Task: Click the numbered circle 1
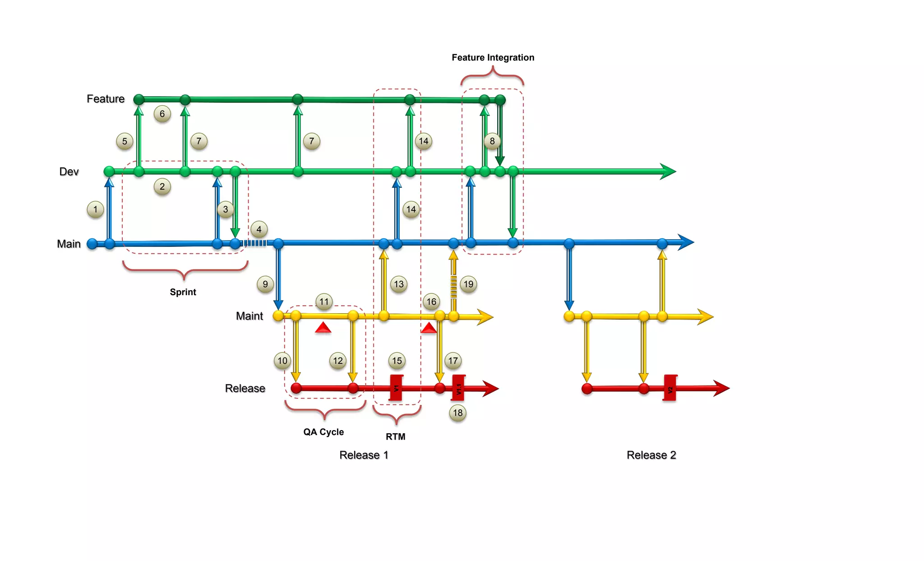coord(95,209)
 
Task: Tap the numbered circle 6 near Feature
coord(162,114)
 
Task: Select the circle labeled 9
coord(265,284)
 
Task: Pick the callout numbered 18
coord(457,413)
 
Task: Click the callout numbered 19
coord(468,284)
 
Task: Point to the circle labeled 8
coord(492,141)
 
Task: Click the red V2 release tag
coord(670,388)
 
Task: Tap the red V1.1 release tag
coord(458,388)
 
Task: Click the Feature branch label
coord(105,99)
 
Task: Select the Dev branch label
coord(69,172)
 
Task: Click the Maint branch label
coord(249,316)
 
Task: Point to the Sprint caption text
coord(183,292)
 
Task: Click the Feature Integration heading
coord(493,57)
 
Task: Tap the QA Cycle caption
coord(323,432)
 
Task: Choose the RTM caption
coord(395,436)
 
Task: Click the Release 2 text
coord(651,455)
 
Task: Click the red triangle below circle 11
coord(323,328)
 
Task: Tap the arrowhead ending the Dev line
coord(668,172)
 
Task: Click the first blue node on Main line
coord(92,244)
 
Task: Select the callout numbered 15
coord(397,361)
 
